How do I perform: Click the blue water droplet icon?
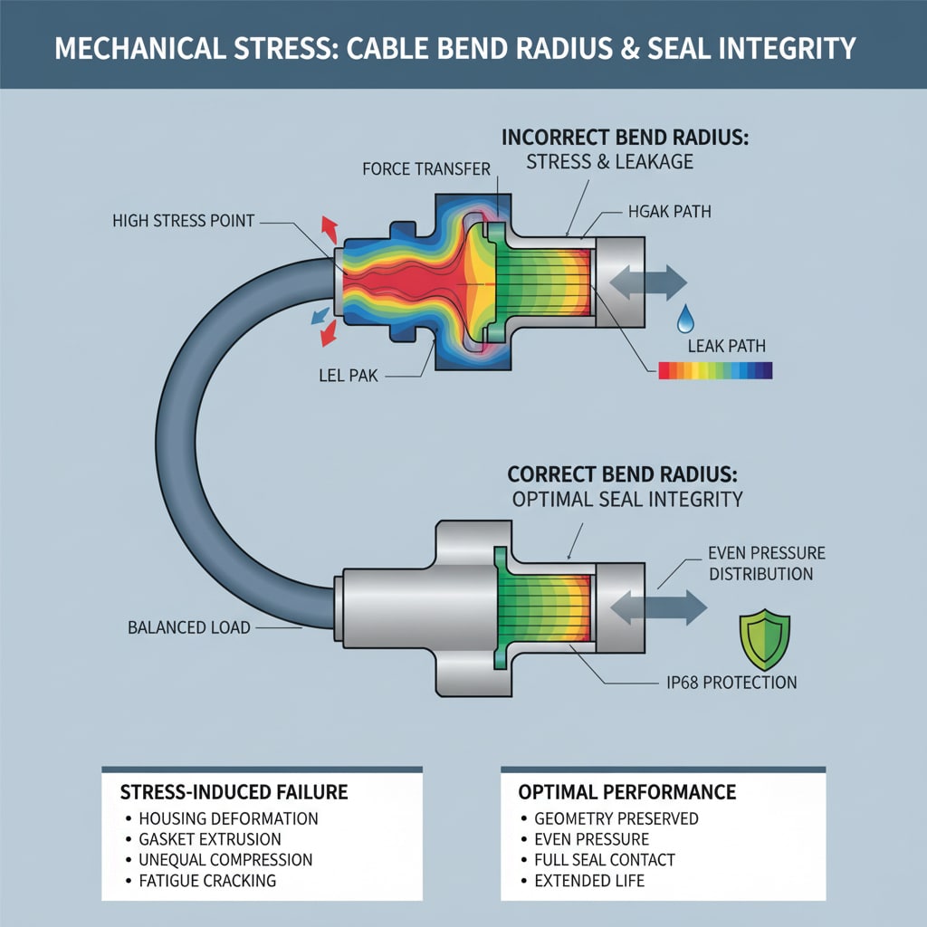pyautogui.click(x=685, y=318)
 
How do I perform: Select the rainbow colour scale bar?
pyautogui.click(x=715, y=370)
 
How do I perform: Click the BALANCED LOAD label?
pyautogui.click(x=190, y=626)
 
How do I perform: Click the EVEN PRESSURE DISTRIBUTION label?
pyautogui.click(x=760, y=563)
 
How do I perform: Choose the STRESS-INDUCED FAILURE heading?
pyautogui.click(x=234, y=792)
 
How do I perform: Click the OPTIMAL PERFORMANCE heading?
pyautogui.click(x=626, y=792)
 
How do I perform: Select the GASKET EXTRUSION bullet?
pyautogui.click(x=210, y=839)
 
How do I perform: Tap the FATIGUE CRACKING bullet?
pyautogui.click(x=207, y=880)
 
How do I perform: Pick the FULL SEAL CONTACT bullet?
pyautogui.click(x=598, y=859)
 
